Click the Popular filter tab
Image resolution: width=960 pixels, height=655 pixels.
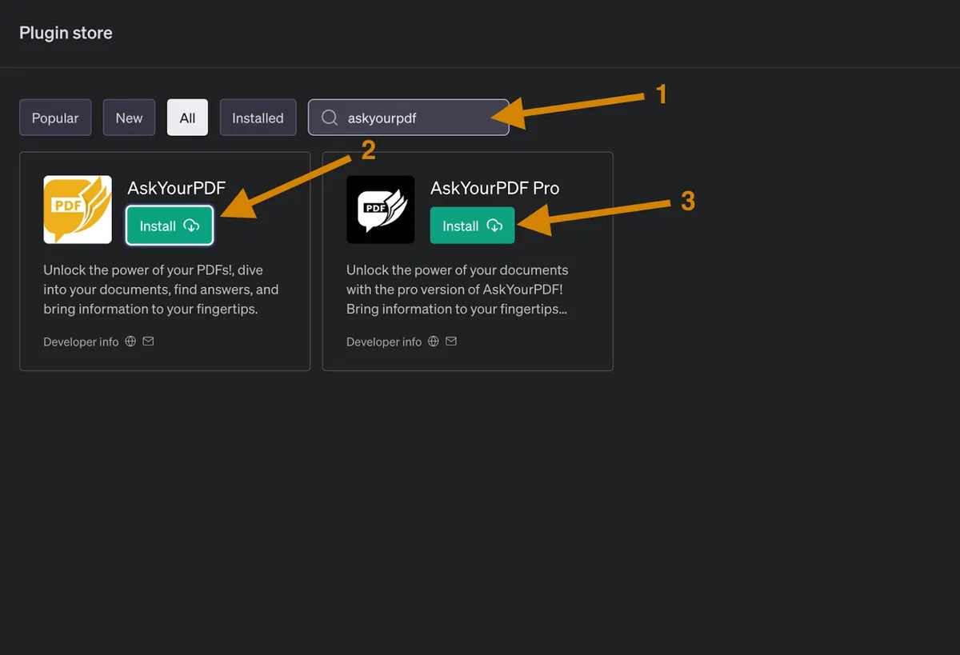coord(55,118)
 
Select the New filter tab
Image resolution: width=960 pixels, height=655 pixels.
coord(129,118)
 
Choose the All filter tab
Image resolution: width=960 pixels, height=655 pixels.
coord(187,118)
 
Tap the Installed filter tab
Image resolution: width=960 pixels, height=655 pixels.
coord(258,118)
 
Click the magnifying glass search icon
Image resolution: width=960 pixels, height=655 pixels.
coord(330,118)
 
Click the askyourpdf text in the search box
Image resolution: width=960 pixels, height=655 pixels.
coord(382,118)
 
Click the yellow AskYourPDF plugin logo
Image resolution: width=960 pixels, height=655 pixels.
coord(78,210)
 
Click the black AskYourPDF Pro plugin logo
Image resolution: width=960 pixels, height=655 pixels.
coord(381,210)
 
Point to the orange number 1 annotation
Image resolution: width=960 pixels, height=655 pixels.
coord(662,94)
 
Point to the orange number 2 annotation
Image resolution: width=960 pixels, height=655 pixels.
coord(369,150)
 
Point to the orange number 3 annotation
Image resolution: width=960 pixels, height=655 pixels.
coord(688,201)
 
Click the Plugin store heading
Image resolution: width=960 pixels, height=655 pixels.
coord(66,34)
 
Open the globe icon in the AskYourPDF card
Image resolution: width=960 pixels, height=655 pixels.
coord(130,341)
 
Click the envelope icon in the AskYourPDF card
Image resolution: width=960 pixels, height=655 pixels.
coord(148,341)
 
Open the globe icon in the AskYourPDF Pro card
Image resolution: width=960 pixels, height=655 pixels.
coord(434,341)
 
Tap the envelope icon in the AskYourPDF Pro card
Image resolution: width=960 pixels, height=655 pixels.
coord(451,341)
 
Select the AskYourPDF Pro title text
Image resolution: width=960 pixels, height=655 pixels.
coord(495,188)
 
